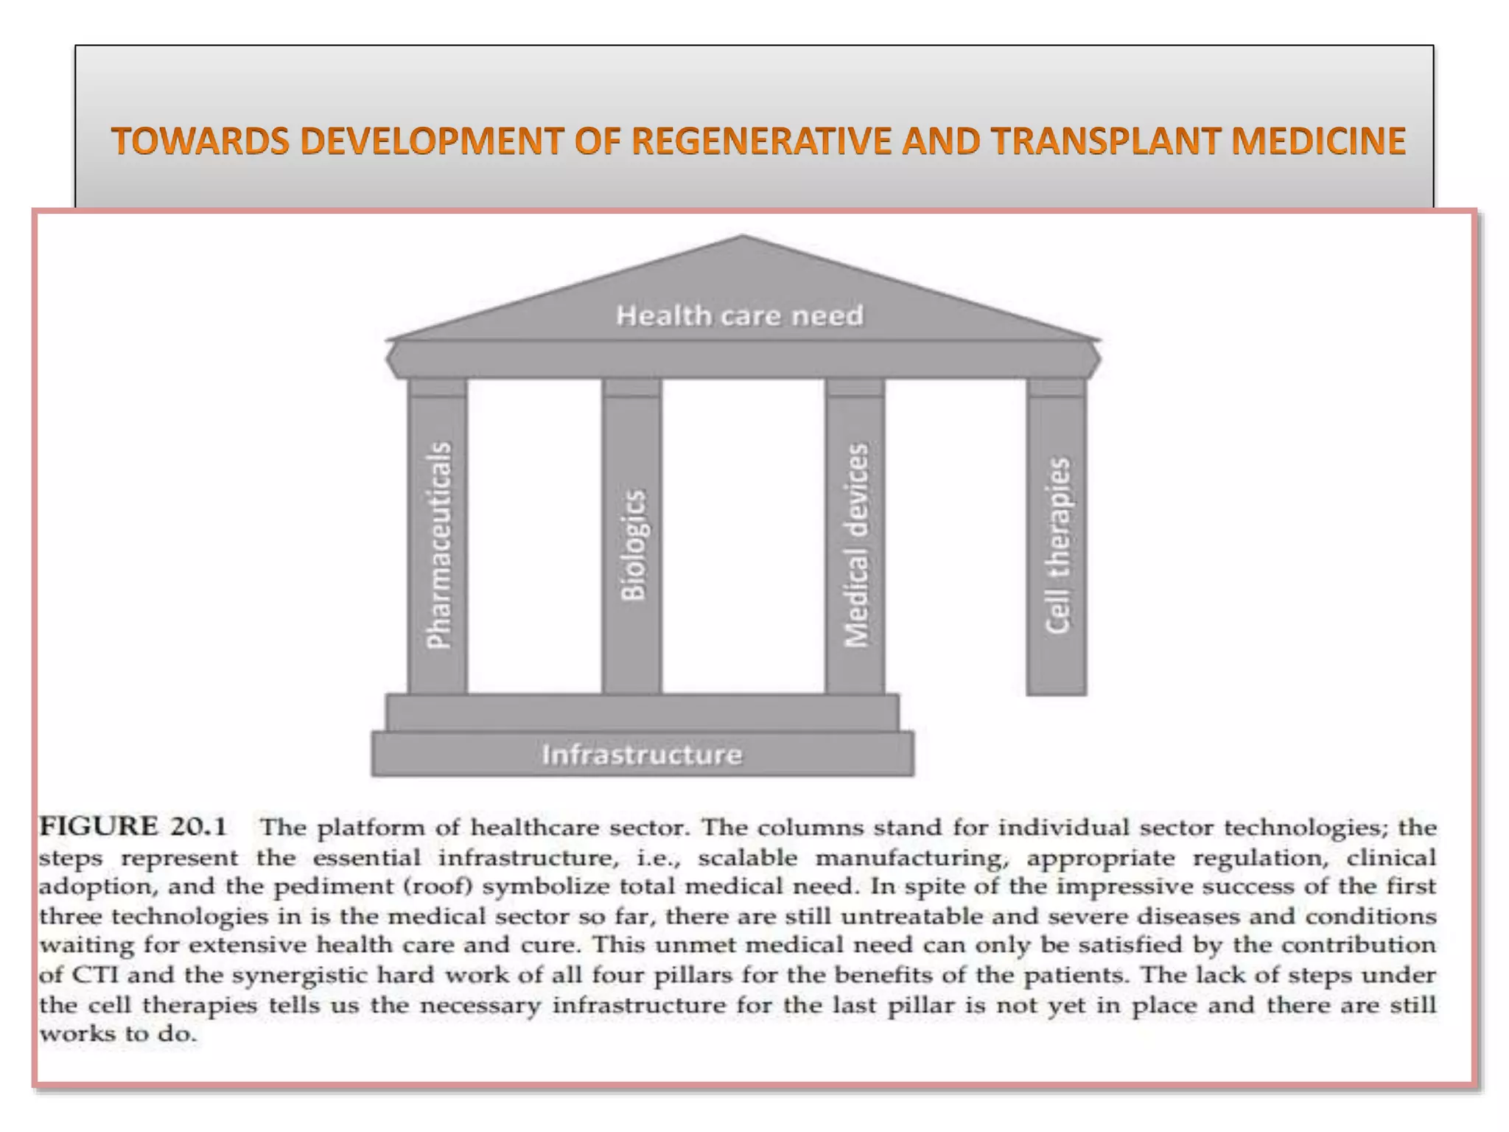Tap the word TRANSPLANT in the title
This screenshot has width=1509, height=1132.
tap(1104, 141)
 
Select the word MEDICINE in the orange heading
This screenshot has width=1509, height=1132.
tap(1319, 141)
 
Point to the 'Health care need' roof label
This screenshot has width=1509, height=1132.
tap(740, 315)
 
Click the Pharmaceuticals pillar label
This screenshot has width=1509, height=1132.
tap(438, 545)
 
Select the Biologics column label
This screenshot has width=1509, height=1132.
tap(633, 545)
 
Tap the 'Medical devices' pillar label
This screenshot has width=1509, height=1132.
tap(856, 545)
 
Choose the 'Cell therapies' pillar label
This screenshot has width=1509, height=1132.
tap(1057, 545)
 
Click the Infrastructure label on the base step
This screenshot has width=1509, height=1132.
tap(642, 755)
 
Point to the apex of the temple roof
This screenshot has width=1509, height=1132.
tap(743, 238)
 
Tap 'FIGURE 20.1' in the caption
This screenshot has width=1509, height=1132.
tap(133, 827)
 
